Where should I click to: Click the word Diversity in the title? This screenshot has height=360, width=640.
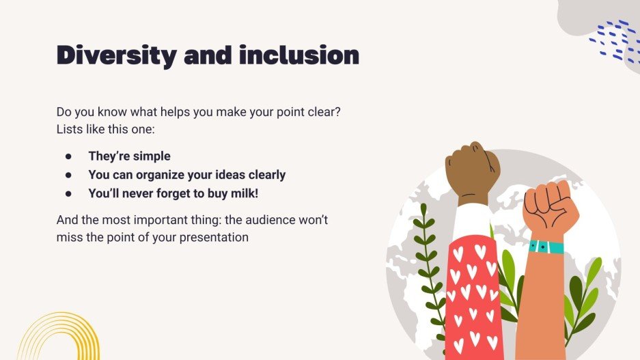point(115,55)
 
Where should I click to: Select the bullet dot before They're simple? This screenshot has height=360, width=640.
point(68,156)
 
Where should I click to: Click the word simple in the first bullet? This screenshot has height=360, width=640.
point(151,156)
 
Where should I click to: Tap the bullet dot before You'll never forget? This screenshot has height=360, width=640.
point(68,193)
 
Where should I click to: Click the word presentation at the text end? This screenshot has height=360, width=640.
point(214,238)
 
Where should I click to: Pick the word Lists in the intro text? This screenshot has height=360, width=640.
point(70,128)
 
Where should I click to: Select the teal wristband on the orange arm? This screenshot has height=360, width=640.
point(546,247)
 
